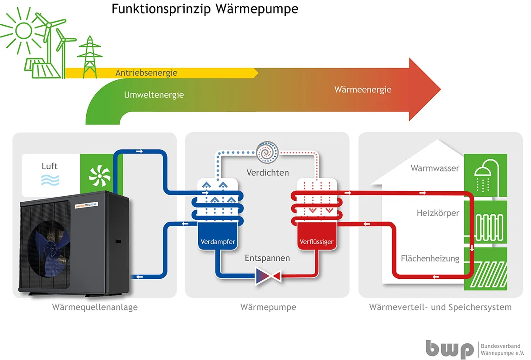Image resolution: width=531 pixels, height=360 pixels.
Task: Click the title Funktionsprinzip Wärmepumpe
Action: tap(205, 9)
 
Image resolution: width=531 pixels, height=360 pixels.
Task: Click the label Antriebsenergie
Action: tap(146, 73)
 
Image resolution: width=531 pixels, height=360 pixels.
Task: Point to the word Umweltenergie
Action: tap(154, 95)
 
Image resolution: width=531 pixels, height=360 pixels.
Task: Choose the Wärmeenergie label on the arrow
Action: tap(363, 89)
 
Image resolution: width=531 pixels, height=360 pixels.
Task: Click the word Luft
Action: tap(50, 166)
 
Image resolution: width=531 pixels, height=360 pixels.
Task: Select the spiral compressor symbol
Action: tap(267, 153)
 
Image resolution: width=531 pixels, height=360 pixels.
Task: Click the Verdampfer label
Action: tap(218, 242)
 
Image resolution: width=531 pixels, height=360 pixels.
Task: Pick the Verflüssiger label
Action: tap(317, 242)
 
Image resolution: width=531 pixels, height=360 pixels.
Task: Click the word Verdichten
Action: tap(267, 172)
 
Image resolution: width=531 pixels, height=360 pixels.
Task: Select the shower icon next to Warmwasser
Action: tap(485, 175)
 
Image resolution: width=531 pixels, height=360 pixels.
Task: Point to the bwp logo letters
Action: tap(448, 349)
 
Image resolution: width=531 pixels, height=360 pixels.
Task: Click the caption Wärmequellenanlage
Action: tap(95, 307)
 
